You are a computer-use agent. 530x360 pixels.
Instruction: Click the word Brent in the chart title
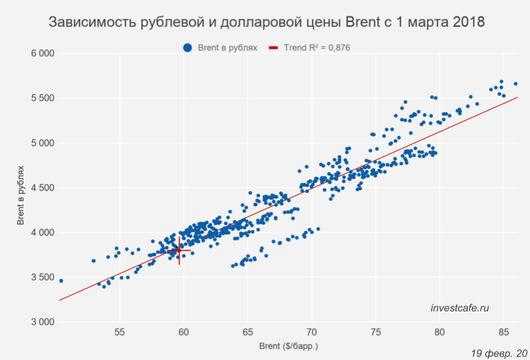coord(364,23)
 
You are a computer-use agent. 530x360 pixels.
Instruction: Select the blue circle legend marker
coord(187,48)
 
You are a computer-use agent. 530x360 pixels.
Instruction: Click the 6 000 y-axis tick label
coord(41,54)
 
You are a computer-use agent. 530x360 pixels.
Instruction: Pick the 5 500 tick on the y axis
coord(41,98)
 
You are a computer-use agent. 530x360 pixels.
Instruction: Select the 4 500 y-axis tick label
coord(41,188)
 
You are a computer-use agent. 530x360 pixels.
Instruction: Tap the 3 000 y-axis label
coord(41,322)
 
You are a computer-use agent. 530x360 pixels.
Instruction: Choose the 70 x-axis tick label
coord(312,333)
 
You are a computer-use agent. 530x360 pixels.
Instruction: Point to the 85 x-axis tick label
coord(503,333)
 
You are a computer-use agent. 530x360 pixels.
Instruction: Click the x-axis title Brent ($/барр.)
coord(289,347)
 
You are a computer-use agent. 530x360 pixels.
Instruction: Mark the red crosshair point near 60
coord(179,251)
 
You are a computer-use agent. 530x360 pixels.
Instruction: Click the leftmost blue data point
coord(61,280)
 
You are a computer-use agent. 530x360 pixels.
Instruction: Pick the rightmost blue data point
coord(516,84)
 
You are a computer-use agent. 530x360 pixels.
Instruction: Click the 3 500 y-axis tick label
coord(41,277)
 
